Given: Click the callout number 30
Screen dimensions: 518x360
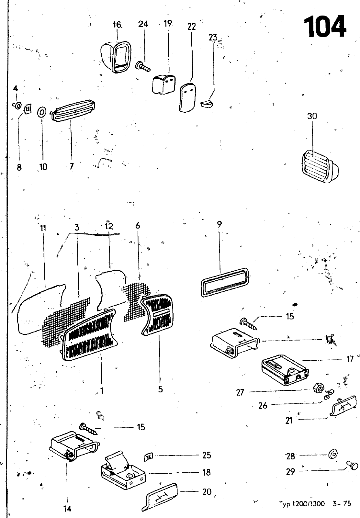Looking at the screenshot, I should [312, 116].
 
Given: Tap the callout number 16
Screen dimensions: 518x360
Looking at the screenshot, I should [117, 25].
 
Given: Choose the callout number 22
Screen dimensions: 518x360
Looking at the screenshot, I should [192, 27].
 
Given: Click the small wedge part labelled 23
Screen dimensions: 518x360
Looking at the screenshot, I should [206, 104].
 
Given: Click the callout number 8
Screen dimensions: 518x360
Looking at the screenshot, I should [19, 167].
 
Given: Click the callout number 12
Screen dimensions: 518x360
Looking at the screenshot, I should [109, 226].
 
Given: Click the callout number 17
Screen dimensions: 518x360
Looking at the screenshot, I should [350, 359].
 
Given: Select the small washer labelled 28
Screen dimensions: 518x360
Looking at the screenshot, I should [332, 455].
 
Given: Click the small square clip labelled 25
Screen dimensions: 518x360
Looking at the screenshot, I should [148, 457].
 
